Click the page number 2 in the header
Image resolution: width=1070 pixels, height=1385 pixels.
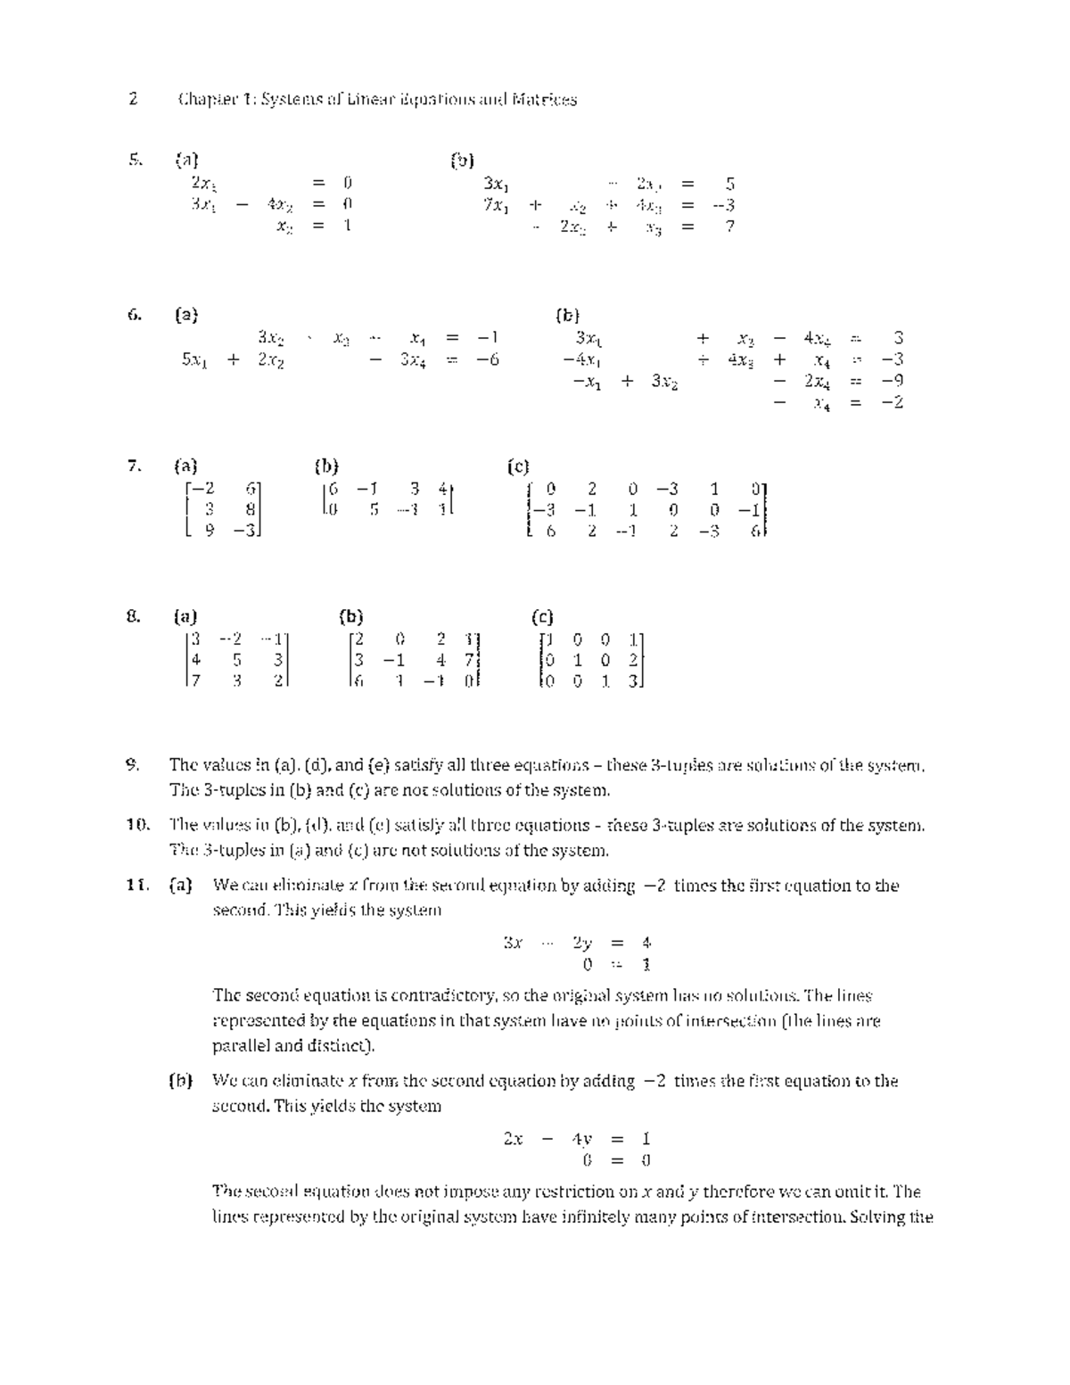point(133,99)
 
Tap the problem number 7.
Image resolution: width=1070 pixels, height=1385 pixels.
point(134,466)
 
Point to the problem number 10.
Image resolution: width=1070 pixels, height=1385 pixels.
point(136,825)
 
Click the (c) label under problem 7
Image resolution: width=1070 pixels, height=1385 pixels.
point(518,466)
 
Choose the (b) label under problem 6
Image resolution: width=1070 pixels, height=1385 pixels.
point(567,315)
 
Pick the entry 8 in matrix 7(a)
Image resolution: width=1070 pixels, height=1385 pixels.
point(251,509)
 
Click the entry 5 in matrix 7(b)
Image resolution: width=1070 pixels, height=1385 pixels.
point(374,509)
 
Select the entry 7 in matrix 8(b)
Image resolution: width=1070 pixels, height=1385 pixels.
point(469,661)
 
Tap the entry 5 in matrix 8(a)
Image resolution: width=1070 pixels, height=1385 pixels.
point(236,661)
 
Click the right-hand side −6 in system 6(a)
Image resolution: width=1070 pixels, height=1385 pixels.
point(488,359)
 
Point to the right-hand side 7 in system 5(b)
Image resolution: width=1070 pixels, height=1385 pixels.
point(729,227)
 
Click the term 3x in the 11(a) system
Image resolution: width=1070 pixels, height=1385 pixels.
point(512,942)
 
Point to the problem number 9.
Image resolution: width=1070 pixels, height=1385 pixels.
point(133,764)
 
